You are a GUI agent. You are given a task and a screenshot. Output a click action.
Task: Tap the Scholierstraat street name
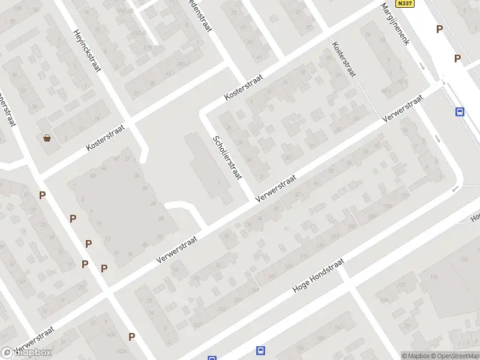(x=226, y=157)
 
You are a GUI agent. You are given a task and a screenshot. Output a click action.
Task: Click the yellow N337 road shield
(x=406, y=4)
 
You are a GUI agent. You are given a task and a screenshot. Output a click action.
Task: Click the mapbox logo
(x=26, y=353)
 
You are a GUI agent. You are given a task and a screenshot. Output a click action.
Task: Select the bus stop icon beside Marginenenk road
(x=460, y=112)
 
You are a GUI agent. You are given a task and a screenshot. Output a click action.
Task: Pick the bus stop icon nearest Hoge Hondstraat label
(x=260, y=350)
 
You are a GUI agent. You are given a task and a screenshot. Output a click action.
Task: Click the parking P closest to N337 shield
(x=439, y=29)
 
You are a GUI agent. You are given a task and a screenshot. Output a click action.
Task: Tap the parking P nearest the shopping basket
(x=42, y=195)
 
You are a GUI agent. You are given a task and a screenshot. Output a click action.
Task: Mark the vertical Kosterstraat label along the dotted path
(x=344, y=59)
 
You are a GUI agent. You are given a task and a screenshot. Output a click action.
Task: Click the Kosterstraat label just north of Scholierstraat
(x=244, y=88)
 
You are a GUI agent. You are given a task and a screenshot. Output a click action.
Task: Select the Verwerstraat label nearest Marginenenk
(x=403, y=110)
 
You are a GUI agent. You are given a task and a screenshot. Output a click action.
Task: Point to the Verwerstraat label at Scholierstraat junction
(x=276, y=188)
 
